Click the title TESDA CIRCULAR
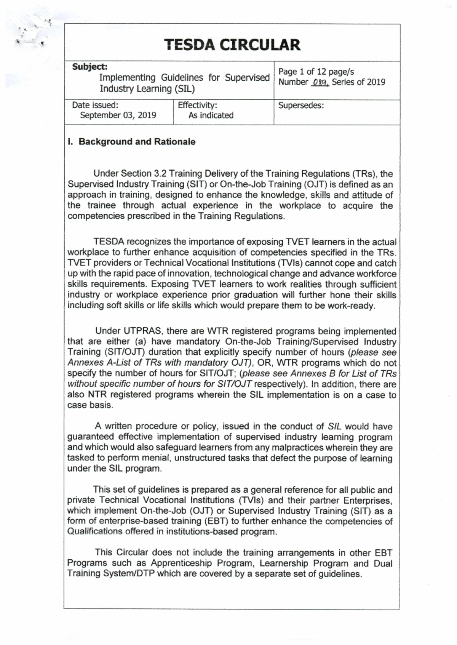click(232, 45)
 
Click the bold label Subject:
click(90, 67)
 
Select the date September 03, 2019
click(118, 115)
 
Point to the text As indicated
click(211, 115)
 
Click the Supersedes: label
click(301, 105)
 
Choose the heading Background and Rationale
click(137, 142)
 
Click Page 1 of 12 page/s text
click(316, 72)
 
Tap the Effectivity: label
click(197, 105)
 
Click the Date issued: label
click(95, 105)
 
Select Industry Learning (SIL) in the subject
click(147, 89)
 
